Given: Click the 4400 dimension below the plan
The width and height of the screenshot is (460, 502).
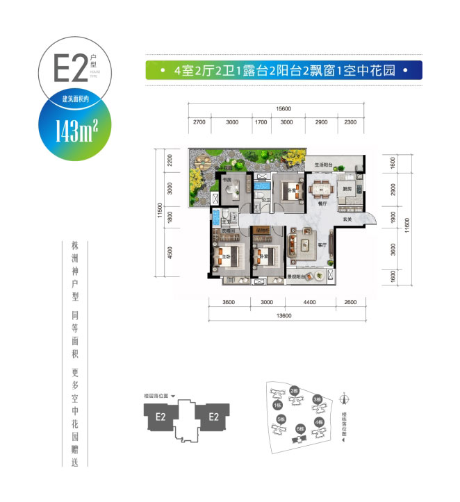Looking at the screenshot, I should point(309,302).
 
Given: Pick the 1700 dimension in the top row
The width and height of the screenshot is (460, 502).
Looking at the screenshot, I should point(261,122).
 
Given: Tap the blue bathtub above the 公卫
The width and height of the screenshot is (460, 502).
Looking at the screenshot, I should point(262,186).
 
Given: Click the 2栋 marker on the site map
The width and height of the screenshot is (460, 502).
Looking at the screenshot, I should point(295,391).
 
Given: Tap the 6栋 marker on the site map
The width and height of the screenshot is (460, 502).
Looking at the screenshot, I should point(299,428).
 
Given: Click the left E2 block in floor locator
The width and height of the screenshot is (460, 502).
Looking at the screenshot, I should point(161,417).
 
